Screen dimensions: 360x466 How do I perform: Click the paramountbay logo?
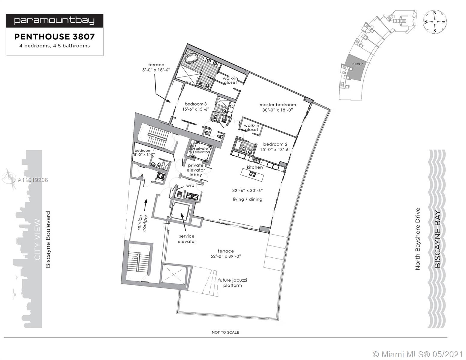pos(54,21)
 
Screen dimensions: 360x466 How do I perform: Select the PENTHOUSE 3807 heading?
pos(55,37)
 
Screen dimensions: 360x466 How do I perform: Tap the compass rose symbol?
pos(435,22)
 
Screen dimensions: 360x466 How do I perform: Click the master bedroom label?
pos(278,105)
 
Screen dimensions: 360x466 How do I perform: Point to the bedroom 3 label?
pos(196,104)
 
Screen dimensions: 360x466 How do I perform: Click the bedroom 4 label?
pos(145,150)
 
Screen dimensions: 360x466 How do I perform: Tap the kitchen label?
pos(255,167)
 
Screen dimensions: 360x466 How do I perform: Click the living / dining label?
pos(248,199)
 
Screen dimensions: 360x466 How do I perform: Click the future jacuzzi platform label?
pos(233,283)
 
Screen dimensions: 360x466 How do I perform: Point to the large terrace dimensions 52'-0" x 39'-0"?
pos(226,256)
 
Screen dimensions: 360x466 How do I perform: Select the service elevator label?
pos(187,239)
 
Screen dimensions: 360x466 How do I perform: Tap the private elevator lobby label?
pos(196,170)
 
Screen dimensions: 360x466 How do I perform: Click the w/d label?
pos(190,185)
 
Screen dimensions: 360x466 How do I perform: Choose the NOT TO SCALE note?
pos(225,332)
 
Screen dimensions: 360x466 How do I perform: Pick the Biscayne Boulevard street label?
pos(48,239)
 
